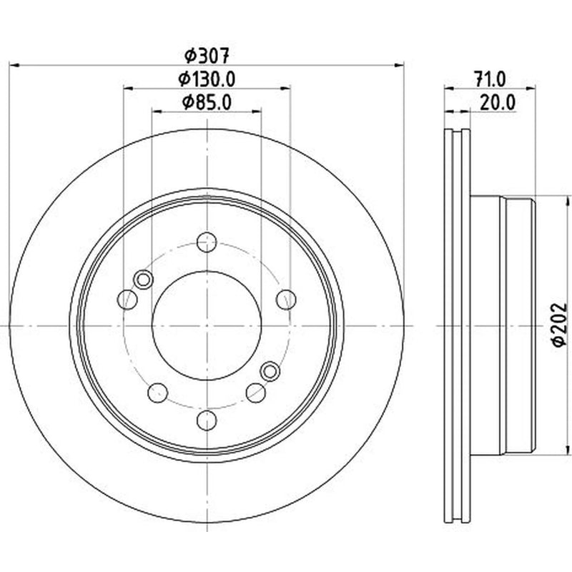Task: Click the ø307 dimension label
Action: click(x=207, y=56)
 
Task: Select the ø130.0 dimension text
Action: click(x=207, y=79)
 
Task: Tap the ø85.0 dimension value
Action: click(x=207, y=102)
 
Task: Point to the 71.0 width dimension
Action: click(x=490, y=79)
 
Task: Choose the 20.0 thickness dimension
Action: click(x=498, y=102)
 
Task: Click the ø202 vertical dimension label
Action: click(x=559, y=325)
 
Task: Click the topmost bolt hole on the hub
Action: click(x=207, y=242)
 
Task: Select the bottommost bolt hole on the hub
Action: click(x=207, y=420)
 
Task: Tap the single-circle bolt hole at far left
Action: click(x=127, y=300)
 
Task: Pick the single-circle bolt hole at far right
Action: click(x=286, y=300)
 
